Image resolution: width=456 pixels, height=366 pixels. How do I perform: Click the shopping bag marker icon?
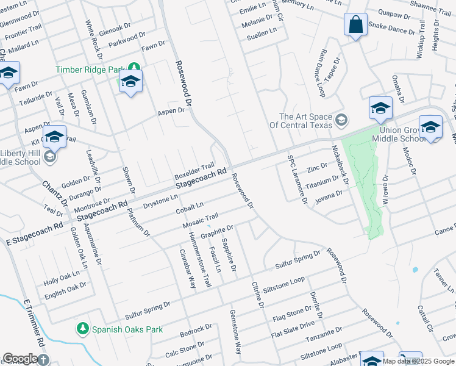tap(355, 25)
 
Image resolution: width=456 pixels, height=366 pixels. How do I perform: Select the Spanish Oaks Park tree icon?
tap(83, 329)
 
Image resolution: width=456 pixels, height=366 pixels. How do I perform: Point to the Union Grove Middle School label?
tap(397, 134)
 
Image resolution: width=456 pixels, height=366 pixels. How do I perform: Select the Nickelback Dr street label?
tap(338, 165)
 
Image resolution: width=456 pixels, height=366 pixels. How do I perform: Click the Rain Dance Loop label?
tap(321, 73)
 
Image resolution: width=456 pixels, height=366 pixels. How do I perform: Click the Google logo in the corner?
tap(20, 359)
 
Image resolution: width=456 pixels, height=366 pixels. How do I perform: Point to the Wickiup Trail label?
tap(420, 40)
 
